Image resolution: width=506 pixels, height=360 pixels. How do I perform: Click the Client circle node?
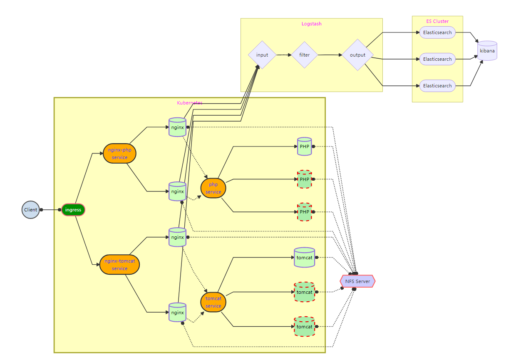(30, 210)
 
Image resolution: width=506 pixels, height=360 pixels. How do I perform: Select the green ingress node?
(73, 210)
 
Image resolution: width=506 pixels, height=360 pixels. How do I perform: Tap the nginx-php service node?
(120, 154)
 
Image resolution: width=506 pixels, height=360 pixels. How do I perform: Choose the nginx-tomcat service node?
(119, 265)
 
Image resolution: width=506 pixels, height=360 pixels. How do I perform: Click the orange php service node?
(213, 188)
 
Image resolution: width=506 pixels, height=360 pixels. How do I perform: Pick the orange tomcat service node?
(213, 302)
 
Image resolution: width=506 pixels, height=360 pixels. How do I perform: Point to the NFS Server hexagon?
(357, 281)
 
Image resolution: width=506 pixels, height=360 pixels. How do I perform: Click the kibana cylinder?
(487, 51)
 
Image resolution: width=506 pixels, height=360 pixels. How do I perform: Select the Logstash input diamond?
(262, 55)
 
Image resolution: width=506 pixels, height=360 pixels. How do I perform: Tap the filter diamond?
(305, 55)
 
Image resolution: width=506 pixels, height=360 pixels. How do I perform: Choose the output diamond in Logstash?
(357, 55)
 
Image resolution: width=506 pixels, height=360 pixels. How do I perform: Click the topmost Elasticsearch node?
(437, 32)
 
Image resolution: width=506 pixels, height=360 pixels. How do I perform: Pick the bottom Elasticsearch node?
(437, 86)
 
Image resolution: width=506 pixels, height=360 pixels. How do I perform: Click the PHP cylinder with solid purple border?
(305, 146)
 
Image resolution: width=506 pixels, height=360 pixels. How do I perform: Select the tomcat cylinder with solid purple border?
(305, 258)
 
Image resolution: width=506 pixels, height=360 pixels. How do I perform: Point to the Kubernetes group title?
(190, 103)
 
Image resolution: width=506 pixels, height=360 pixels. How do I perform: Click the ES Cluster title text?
(437, 21)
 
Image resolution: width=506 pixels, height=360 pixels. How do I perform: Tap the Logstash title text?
(312, 24)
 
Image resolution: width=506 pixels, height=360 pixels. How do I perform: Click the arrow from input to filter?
(283, 55)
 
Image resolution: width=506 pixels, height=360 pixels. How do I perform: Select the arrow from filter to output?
(330, 55)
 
